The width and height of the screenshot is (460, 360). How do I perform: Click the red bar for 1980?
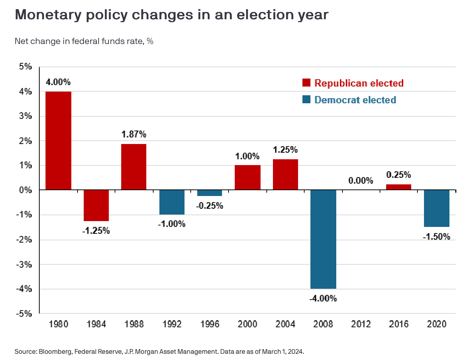coord(58,141)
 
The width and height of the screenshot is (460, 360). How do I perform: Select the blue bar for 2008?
coord(323,239)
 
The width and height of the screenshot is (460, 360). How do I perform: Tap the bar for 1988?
coord(134,167)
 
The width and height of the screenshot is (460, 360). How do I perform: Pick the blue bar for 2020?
coord(436,208)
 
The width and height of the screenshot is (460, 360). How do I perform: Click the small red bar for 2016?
coord(398,187)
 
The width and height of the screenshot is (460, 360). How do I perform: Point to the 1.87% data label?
coord(134,135)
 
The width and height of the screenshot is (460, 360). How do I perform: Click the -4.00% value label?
coord(323,299)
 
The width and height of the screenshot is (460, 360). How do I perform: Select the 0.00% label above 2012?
coord(361,180)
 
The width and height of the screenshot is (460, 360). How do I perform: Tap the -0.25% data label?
coord(209,206)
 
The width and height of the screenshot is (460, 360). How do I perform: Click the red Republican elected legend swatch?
coord(306,83)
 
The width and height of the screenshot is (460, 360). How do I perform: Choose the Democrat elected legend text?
coord(355,100)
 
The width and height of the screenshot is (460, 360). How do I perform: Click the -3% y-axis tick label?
coord(24,264)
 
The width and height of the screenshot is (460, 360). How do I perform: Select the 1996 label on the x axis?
coord(209,324)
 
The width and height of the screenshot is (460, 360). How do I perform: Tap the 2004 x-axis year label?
coord(285,324)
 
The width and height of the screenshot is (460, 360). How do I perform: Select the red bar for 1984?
coord(96,205)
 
